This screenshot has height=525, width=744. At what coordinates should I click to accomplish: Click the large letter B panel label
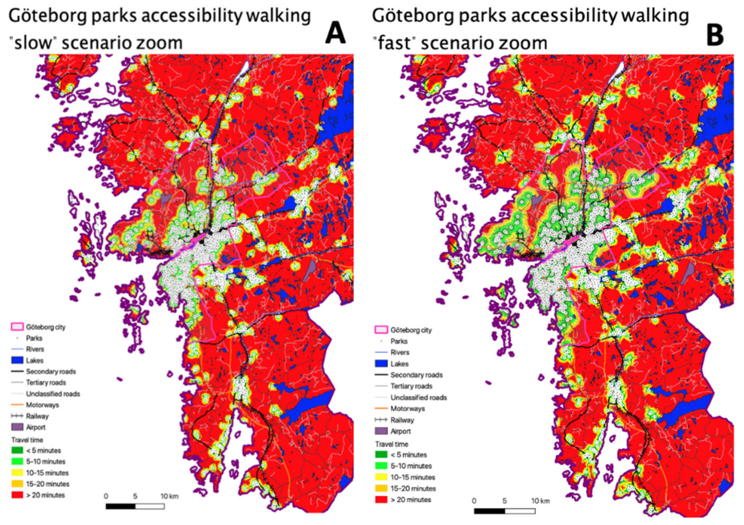(x=714, y=36)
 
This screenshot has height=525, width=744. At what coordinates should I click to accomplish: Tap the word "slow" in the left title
(x=33, y=43)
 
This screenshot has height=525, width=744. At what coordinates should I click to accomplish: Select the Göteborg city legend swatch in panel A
(x=17, y=327)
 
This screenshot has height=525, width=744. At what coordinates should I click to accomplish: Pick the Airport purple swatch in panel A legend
(x=17, y=427)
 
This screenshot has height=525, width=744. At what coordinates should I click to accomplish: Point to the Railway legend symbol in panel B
(x=381, y=420)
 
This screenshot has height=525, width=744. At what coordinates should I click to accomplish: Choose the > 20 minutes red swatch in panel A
(x=17, y=495)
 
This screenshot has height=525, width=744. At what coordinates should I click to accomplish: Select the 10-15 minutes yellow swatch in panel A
(x=17, y=473)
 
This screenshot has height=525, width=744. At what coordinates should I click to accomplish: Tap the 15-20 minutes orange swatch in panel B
(x=381, y=488)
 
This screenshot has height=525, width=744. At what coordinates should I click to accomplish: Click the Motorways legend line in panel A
(x=17, y=405)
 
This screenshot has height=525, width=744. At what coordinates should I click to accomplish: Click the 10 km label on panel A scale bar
(x=170, y=496)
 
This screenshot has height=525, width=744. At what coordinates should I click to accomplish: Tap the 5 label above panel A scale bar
(x=135, y=496)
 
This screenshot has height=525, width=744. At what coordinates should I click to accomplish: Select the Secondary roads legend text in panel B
(x=416, y=375)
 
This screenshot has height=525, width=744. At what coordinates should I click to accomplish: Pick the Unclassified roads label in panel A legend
(x=53, y=394)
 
